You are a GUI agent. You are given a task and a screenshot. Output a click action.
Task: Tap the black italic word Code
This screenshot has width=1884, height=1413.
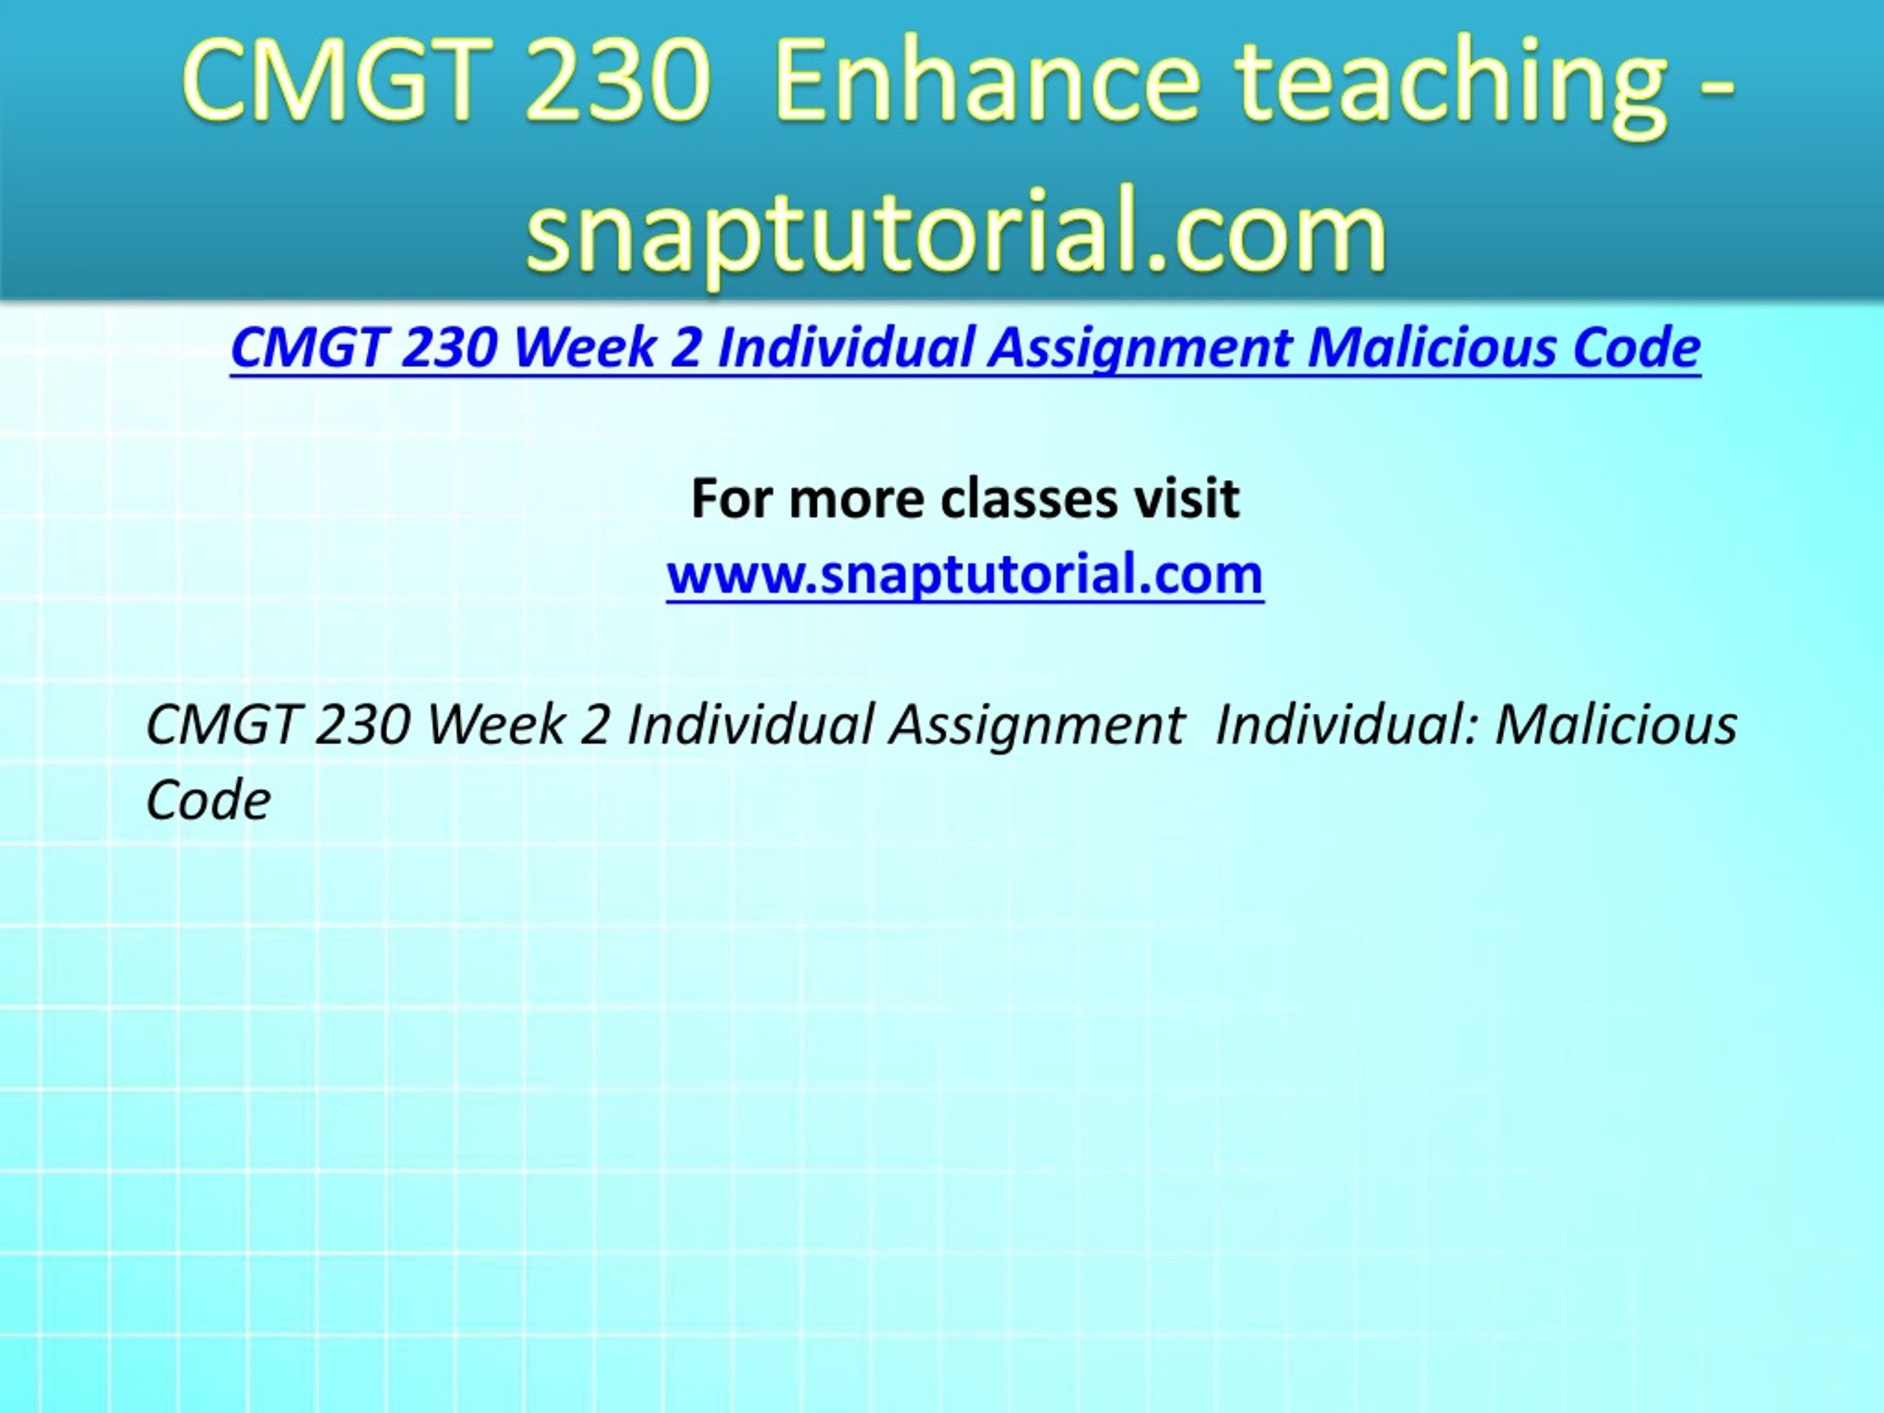click(209, 801)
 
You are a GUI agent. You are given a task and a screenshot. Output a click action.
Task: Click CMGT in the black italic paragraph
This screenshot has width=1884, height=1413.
click(222, 726)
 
